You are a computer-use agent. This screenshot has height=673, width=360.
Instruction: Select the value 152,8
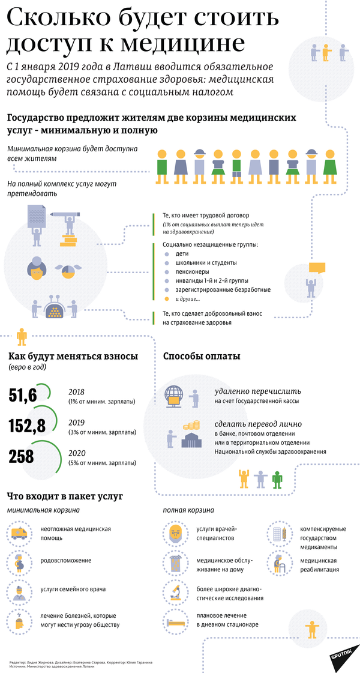27,426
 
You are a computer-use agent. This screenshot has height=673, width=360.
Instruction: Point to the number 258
22,457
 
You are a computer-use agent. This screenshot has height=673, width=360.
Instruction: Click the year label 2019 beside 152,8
77,421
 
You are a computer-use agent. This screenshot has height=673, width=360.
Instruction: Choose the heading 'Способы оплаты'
202,357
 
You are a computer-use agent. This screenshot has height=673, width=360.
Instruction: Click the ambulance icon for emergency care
20,533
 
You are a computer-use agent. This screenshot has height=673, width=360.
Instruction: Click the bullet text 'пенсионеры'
191,272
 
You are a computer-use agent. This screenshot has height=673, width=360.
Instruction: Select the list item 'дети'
181,254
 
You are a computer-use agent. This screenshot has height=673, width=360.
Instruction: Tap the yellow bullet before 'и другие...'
167,298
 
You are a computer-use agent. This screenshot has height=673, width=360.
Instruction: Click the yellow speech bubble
316,268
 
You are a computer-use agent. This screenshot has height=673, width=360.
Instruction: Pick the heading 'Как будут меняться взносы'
73,357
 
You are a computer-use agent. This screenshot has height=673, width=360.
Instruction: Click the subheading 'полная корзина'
188,510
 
